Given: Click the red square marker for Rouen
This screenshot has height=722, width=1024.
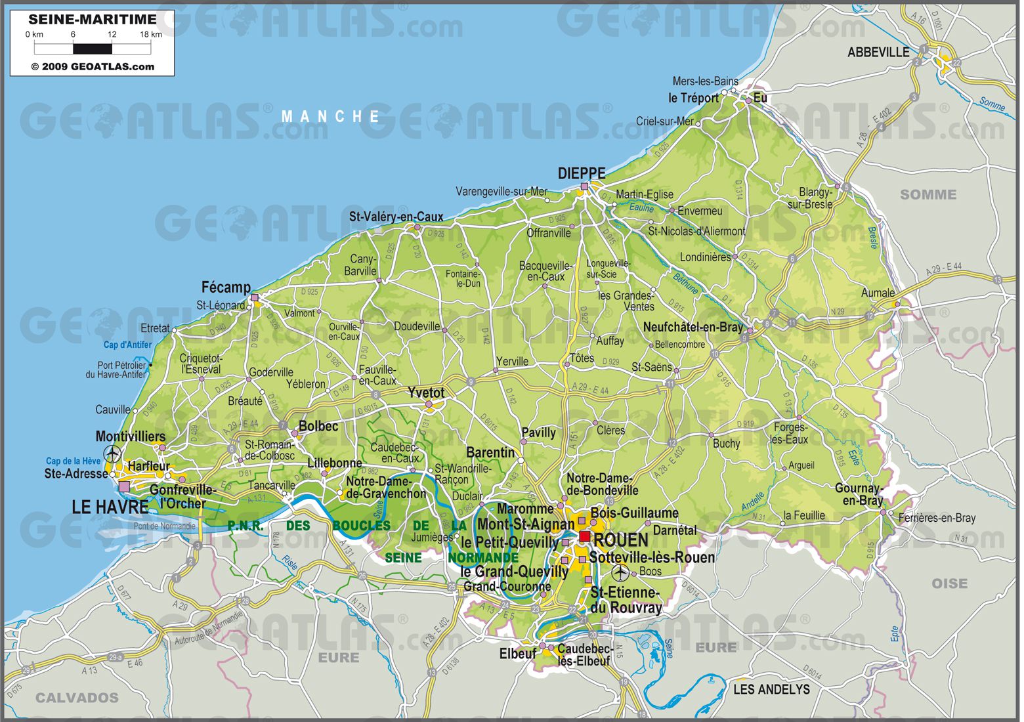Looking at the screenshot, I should [584, 537].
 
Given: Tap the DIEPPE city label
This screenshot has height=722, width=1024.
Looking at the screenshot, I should [582, 173].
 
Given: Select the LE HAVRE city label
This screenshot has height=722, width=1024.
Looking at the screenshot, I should [110, 507].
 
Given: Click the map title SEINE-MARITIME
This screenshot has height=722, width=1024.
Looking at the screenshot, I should [93, 20].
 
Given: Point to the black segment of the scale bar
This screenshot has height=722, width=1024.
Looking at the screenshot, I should [93, 49].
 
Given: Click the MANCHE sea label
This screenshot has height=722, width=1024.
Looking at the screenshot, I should [331, 117].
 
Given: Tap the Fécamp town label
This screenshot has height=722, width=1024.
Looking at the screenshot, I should [226, 287].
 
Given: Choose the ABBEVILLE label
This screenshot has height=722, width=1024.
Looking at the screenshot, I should [878, 53].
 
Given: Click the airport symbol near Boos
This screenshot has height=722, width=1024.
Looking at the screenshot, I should [620, 573].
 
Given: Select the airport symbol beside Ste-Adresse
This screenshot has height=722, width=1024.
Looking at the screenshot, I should [113, 454].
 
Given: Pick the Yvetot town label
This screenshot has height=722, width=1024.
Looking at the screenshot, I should [426, 393].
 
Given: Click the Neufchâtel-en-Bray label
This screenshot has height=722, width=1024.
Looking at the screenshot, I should [693, 327].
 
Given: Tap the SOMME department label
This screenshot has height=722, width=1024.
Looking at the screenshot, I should [928, 194].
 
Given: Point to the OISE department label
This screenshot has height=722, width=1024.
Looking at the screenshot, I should [949, 583].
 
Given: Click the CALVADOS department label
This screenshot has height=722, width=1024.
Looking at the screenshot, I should [77, 698].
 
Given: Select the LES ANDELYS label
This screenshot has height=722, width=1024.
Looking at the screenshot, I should [771, 689].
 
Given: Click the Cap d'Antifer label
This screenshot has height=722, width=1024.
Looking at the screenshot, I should [127, 345].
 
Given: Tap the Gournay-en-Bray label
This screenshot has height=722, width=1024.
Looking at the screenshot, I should [859, 494].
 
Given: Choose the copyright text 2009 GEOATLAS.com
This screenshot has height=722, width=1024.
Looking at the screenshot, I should [93, 66].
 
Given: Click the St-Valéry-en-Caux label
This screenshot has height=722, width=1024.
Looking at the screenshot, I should [396, 217].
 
